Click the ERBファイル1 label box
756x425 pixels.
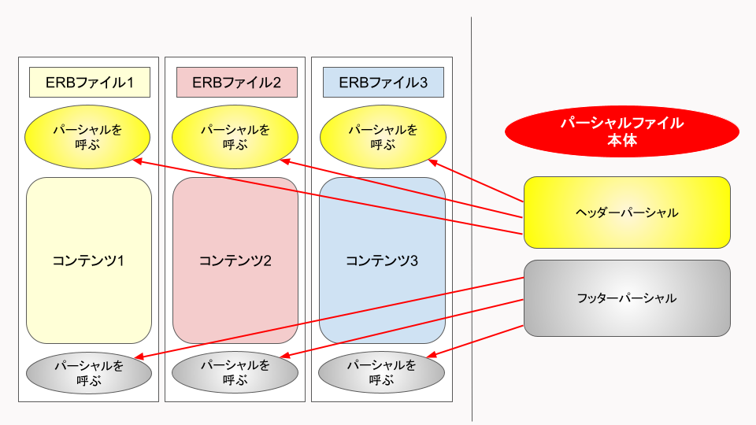point(89,83)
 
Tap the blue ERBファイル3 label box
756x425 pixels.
point(383,83)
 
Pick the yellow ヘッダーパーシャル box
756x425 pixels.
point(627,213)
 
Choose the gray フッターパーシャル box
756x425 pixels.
point(627,298)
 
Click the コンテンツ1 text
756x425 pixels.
point(89,261)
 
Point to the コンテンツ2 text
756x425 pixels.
point(235,261)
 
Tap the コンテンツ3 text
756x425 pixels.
point(383,261)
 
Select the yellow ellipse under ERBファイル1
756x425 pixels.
point(88,137)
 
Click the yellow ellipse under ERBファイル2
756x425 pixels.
point(235,137)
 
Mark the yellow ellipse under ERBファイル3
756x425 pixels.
point(383,137)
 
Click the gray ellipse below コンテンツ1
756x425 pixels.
point(88,372)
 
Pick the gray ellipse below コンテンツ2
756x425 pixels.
point(235,372)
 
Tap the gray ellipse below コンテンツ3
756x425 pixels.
point(382,372)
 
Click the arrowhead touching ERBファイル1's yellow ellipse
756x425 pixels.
point(137,161)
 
